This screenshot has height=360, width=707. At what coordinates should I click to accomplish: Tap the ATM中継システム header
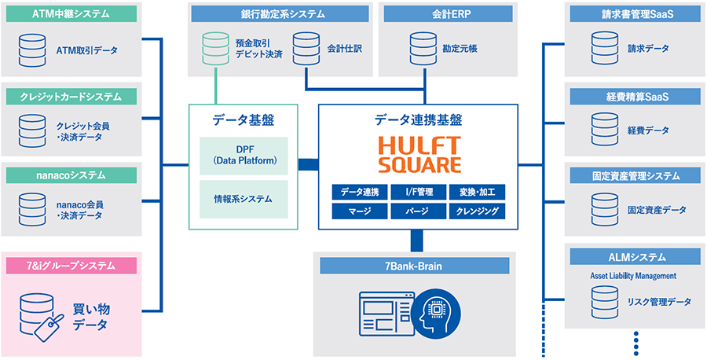click(71, 14)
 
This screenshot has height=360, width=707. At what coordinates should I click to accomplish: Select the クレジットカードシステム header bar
click(71, 97)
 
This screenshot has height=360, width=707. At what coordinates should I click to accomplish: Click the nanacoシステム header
click(71, 174)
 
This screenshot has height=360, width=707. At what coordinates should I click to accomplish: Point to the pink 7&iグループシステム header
click(71, 265)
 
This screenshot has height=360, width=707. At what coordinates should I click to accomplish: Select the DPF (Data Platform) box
click(244, 156)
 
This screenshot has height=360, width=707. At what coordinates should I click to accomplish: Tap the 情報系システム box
click(244, 199)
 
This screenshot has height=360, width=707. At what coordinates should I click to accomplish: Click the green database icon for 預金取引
click(214, 48)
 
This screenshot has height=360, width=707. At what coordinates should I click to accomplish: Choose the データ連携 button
click(360, 192)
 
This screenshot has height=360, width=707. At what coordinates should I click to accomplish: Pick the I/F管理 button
click(418, 192)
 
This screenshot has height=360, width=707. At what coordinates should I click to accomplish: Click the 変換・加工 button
click(477, 192)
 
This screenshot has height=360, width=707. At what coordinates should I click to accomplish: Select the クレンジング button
click(477, 211)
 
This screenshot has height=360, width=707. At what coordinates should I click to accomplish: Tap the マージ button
click(360, 211)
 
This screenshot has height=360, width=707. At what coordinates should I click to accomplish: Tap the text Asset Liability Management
click(633, 276)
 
